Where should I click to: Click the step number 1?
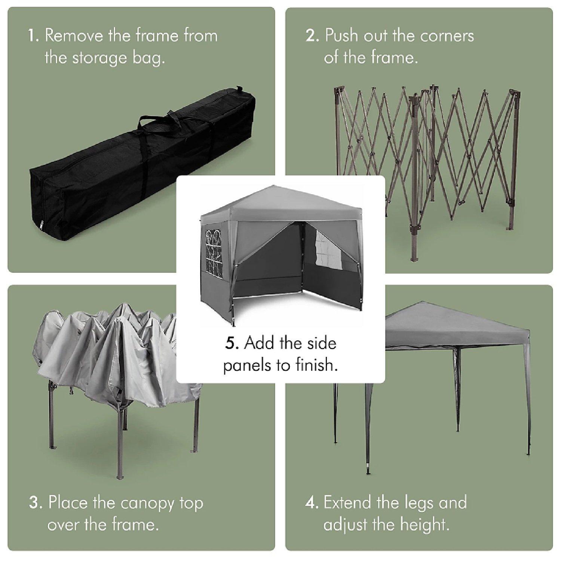[34, 36]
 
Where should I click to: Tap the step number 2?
[312, 36]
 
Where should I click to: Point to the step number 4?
[312, 503]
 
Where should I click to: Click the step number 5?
[232, 343]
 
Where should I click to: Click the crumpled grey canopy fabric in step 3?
[112, 355]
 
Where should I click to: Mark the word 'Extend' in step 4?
[348, 503]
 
